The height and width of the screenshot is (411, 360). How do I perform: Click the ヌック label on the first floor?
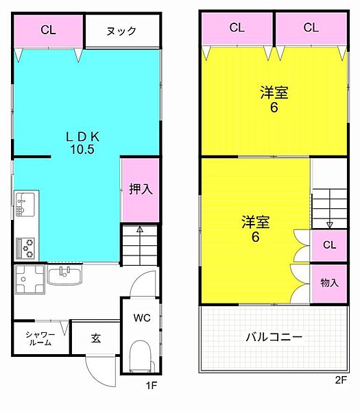pyautogui.click(x=121, y=32)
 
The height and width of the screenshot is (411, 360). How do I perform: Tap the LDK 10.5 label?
pyautogui.click(x=82, y=143)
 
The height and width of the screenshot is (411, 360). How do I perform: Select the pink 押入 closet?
pyautogui.click(x=141, y=190)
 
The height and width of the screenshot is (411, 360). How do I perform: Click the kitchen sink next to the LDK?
pyautogui.click(x=25, y=204)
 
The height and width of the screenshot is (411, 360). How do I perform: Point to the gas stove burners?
pyautogui.click(x=25, y=248)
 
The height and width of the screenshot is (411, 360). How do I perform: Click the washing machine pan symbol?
pyautogui.click(x=30, y=279)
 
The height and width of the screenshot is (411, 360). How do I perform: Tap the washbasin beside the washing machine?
pyautogui.click(x=64, y=275)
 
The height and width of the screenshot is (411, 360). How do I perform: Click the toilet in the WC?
pyautogui.click(x=141, y=356)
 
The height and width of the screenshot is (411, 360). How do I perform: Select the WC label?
pyautogui.click(x=142, y=318)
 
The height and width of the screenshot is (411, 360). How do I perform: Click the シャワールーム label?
pyautogui.click(x=40, y=338)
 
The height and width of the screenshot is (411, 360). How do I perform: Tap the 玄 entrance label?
pyautogui.click(x=96, y=338)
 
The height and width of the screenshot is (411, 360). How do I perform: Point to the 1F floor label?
pyautogui.click(x=152, y=385)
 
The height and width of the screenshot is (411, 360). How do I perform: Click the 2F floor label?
pyautogui.click(x=341, y=379)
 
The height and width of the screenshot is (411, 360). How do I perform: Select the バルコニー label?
pyautogui.click(x=274, y=337)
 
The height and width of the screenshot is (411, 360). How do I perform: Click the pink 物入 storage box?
pyautogui.click(x=329, y=284)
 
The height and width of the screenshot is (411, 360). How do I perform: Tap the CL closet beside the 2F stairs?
pyautogui.click(x=329, y=245)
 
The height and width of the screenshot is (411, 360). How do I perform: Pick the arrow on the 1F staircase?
pyautogui.click(x=140, y=245)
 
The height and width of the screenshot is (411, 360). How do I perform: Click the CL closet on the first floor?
pyautogui.click(x=49, y=31)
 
